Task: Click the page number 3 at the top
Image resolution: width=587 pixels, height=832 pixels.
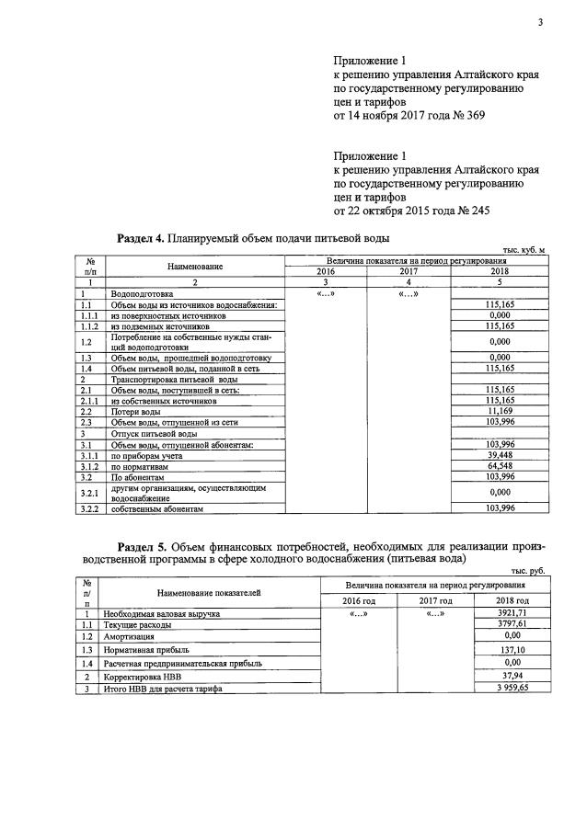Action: (541, 22)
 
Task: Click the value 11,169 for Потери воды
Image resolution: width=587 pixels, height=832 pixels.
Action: (500, 411)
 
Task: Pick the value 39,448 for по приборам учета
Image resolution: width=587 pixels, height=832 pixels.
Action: (500, 454)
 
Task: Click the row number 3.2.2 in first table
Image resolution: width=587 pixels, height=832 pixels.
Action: (89, 507)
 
